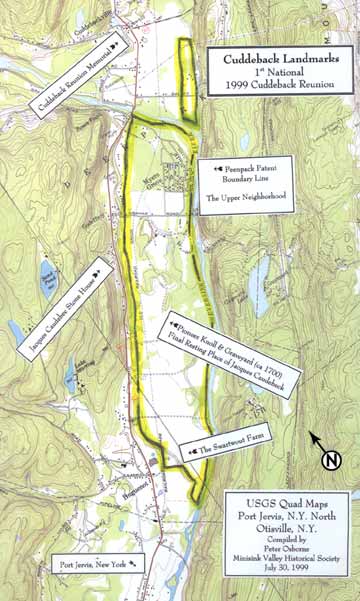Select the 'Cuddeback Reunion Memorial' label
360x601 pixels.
[77, 77]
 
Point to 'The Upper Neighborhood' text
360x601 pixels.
[245, 198]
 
